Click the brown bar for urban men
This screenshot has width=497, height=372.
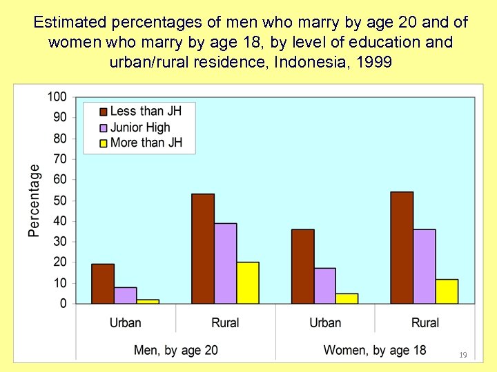coord(103,284)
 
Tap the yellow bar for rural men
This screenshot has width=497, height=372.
coord(248,282)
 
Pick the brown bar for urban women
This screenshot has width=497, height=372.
coord(302,267)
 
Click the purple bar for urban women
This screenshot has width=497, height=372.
coord(324,286)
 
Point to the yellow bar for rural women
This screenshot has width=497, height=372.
coord(447,291)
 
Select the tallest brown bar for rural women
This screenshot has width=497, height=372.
coord(402,247)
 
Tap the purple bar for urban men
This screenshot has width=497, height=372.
coord(125,296)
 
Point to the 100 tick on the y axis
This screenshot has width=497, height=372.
coord(57,96)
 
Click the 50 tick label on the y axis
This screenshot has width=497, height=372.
coord(59,200)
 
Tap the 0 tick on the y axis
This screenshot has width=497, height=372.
coord(64,304)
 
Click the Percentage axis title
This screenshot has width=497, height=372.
coord(35,200)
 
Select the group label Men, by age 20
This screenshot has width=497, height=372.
coord(175,350)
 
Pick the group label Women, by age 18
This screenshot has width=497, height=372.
coord(375,350)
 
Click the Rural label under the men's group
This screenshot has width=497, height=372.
coord(225,322)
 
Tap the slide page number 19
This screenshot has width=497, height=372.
coord(462,355)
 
